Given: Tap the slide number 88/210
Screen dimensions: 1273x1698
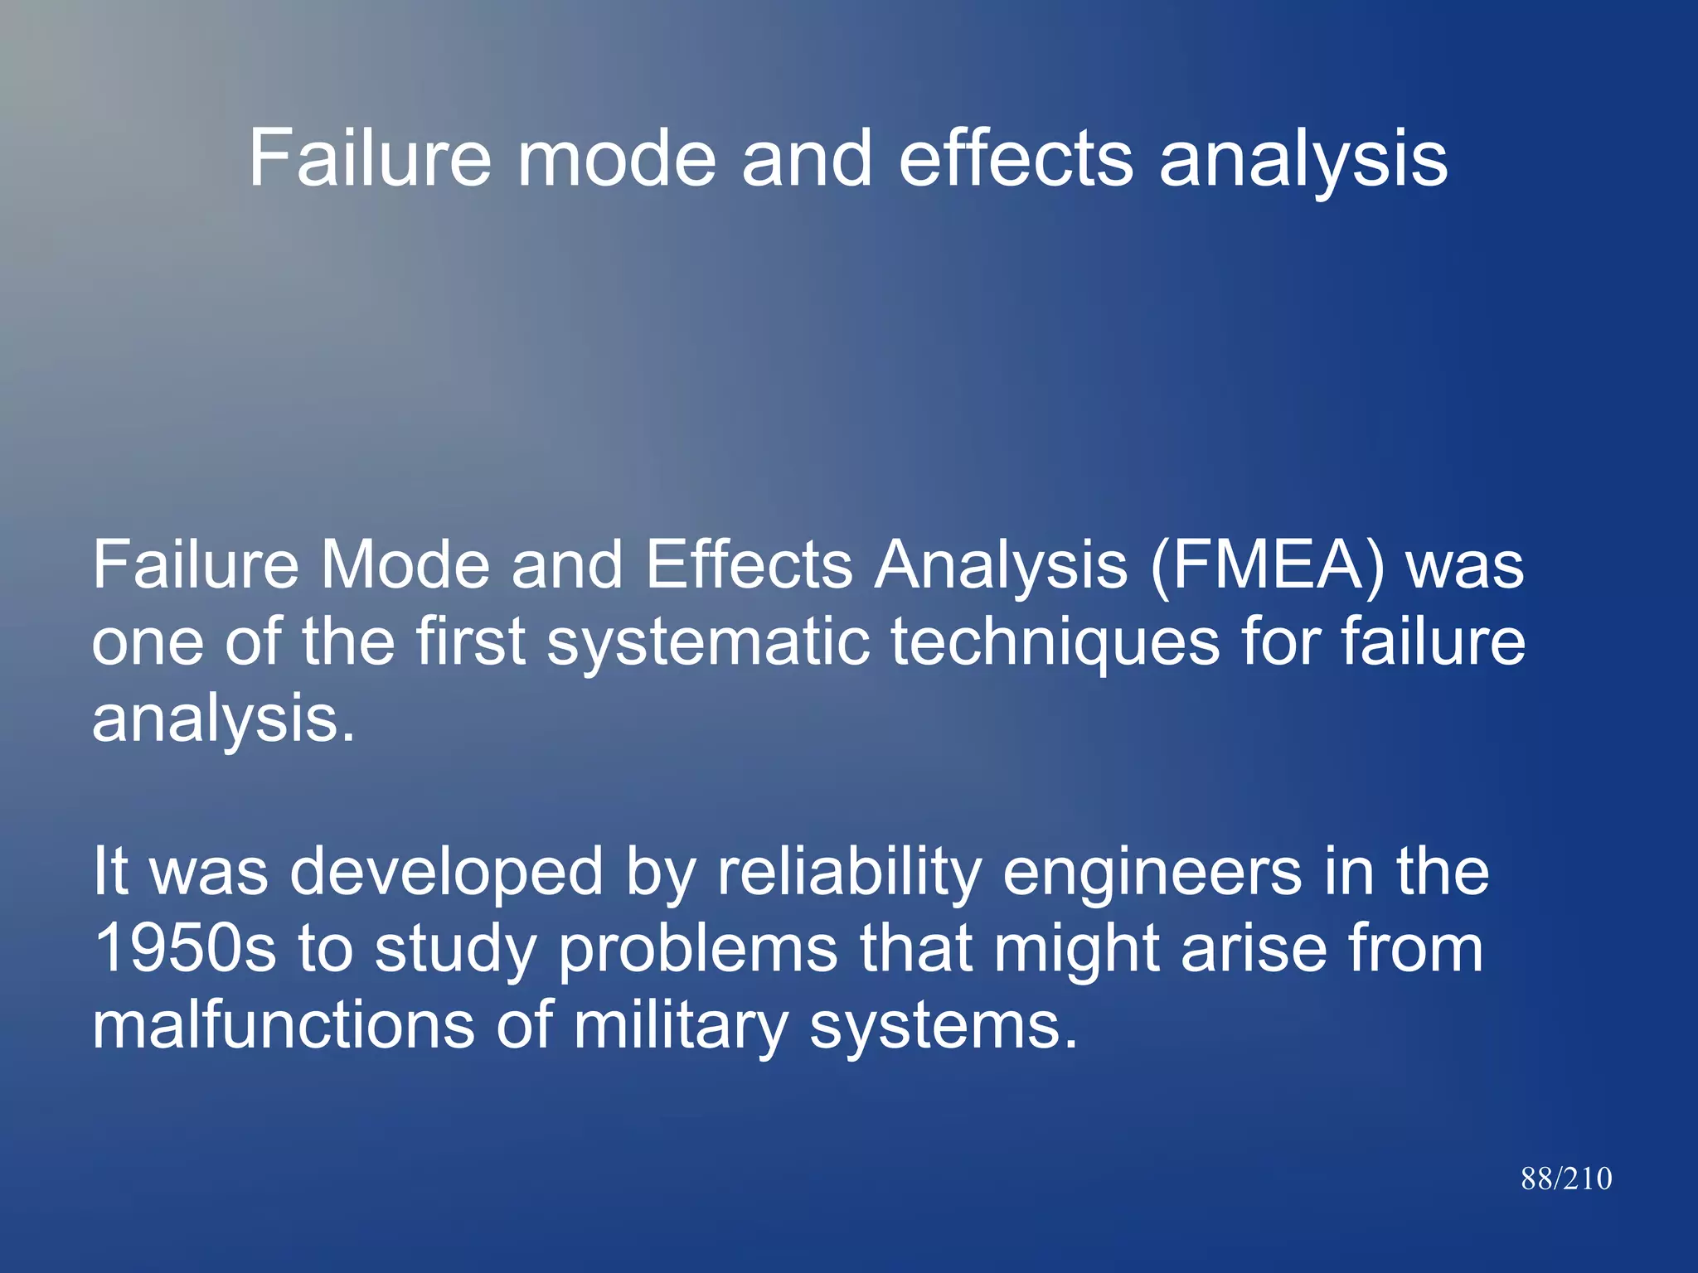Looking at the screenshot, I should pos(1566,1179).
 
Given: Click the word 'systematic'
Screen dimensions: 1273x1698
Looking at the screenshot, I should pos(708,643).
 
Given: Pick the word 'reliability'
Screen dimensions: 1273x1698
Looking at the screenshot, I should pos(849,873).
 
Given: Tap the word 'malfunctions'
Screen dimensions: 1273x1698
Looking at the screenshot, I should pos(283,1026).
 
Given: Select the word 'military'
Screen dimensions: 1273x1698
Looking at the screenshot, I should pos(680,1026).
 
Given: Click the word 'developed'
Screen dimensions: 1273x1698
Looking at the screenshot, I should pos(446,873).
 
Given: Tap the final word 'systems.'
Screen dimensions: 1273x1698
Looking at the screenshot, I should pos(944,1026).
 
